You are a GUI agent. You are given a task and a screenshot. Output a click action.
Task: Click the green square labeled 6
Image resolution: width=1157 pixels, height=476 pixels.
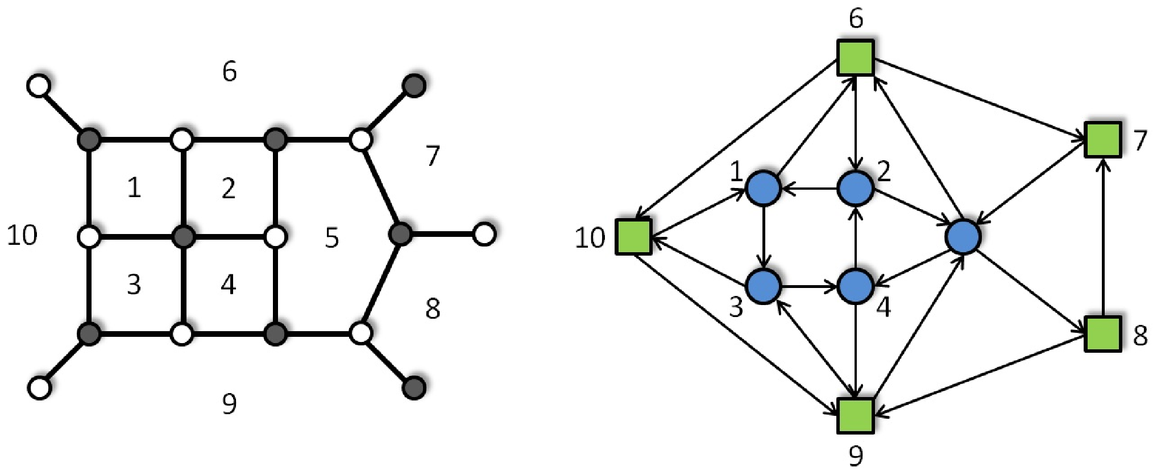pyautogui.click(x=856, y=57)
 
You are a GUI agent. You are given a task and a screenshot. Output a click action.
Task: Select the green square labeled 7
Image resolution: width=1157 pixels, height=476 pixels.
pyautogui.click(x=1102, y=140)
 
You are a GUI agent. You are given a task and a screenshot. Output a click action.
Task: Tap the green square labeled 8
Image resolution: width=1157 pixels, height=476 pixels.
pyautogui.click(x=1102, y=334)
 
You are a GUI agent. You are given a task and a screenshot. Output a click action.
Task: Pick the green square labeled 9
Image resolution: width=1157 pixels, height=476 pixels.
pyautogui.click(x=856, y=416)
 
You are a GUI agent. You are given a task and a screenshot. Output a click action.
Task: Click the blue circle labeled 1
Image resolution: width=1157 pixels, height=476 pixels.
pyautogui.click(x=762, y=188)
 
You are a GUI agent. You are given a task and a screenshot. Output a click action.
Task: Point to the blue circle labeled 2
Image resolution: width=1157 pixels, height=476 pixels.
pyautogui.click(x=856, y=188)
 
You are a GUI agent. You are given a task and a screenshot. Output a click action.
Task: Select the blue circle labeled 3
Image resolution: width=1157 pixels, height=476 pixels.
pyautogui.click(x=762, y=286)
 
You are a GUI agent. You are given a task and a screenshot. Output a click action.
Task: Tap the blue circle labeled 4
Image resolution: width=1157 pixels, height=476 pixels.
pyautogui.click(x=856, y=286)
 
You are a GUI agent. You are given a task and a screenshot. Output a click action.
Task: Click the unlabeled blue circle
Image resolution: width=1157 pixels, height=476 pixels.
pyautogui.click(x=963, y=236)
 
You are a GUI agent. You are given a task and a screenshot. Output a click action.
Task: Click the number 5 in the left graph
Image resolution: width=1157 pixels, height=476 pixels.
pyautogui.click(x=332, y=237)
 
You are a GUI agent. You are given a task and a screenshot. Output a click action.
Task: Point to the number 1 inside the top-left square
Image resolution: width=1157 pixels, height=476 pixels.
pyautogui.click(x=134, y=187)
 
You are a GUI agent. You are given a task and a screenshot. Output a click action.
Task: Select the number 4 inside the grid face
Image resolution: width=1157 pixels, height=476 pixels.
pyautogui.click(x=229, y=284)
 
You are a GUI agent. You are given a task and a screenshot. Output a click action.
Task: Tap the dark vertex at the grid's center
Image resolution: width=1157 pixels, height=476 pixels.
pyautogui.click(x=183, y=236)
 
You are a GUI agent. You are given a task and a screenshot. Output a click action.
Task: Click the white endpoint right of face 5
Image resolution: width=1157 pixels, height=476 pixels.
pyautogui.click(x=484, y=234)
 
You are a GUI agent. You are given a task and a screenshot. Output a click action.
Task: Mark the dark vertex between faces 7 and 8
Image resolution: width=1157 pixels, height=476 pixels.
pyautogui.click(x=401, y=233)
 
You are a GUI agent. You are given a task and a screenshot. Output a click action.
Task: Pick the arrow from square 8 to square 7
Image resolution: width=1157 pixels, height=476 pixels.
pyautogui.click(x=1103, y=237)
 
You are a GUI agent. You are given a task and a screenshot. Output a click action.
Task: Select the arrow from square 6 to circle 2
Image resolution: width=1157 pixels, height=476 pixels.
pyautogui.click(x=856, y=123)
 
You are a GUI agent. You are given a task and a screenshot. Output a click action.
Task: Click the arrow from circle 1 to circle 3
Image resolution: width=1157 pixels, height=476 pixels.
pyautogui.click(x=763, y=237)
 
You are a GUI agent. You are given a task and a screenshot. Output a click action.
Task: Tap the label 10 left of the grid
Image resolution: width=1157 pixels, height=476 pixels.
pyautogui.click(x=22, y=235)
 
